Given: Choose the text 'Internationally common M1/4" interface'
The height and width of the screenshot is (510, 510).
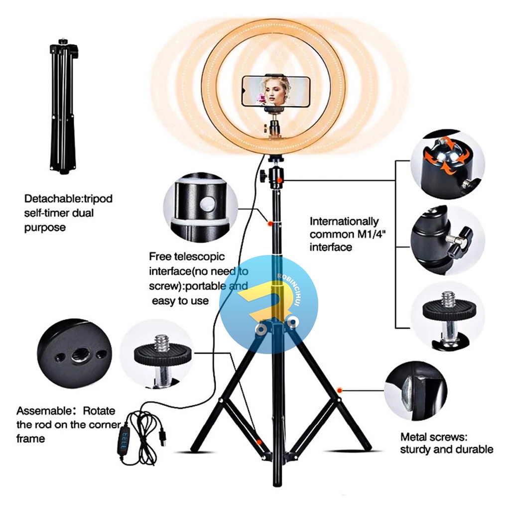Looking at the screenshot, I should (x=344, y=234).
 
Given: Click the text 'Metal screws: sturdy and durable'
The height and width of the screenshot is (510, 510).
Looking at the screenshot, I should (x=446, y=443).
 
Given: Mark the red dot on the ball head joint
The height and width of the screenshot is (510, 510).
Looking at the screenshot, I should (x=280, y=180).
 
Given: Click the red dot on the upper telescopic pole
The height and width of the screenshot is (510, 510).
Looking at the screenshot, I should (x=269, y=223).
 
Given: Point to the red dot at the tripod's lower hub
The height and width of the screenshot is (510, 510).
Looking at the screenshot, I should (x=259, y=442).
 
